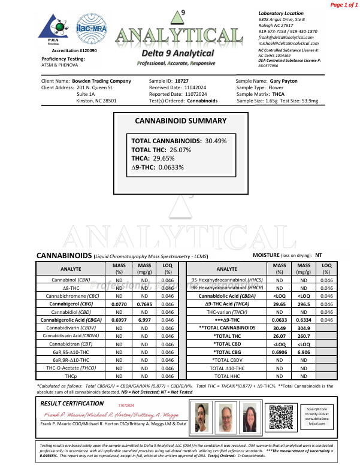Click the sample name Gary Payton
point(285,80)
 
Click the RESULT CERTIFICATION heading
point(71,404)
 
